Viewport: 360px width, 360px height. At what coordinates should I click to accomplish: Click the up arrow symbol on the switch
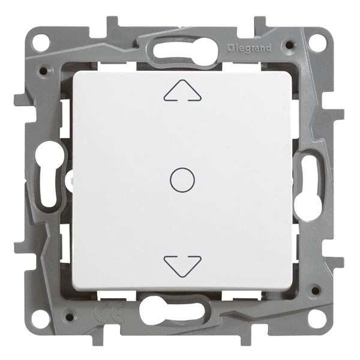182,91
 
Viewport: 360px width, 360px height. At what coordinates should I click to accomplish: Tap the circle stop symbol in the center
182,180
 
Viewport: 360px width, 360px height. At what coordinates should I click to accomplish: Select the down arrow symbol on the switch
182,266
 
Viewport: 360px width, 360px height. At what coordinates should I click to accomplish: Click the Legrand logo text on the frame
249,48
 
